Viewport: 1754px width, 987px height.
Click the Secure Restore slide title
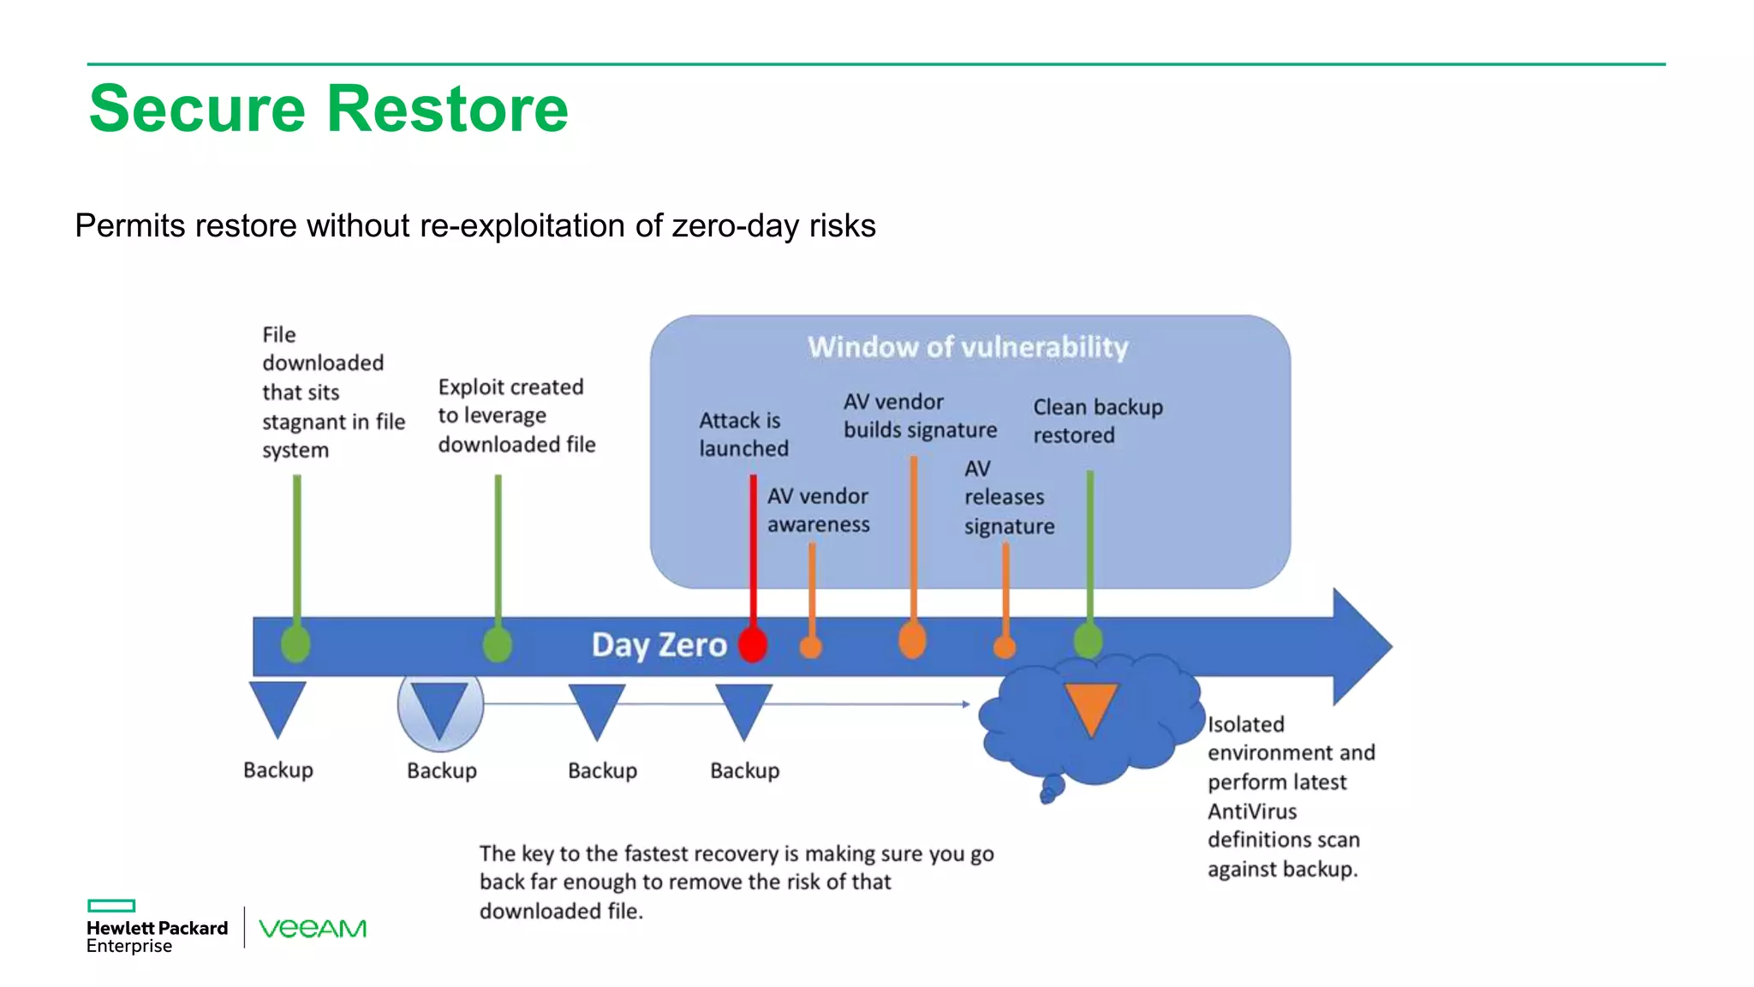328,109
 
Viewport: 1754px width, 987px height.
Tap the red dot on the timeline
753,645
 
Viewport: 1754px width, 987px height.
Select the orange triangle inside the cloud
1091,706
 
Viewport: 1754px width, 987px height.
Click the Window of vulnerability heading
968,347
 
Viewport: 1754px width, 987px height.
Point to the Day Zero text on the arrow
659,644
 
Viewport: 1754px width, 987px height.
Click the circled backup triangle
440,708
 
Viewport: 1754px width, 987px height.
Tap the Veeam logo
313,928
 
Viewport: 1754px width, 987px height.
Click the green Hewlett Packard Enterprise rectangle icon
111,906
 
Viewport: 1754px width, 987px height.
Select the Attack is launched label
743,434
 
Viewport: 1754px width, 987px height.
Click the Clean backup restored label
1097,421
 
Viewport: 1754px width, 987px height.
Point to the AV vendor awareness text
818,510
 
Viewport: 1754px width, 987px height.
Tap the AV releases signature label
1008,498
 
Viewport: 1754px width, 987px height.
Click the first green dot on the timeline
296,643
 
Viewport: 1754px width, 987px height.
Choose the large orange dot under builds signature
913,640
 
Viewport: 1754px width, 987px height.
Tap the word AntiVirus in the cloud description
1252,811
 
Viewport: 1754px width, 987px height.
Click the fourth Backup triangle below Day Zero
743,709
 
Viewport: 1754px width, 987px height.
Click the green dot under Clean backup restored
1089,641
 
